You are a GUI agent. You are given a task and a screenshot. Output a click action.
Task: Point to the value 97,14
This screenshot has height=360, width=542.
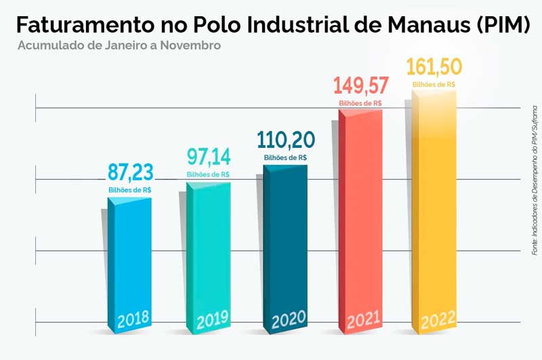[208, 157]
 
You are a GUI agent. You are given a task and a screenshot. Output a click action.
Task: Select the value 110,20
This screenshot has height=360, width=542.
[285, 140]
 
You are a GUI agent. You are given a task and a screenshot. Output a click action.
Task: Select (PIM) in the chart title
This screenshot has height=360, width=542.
[498, 25]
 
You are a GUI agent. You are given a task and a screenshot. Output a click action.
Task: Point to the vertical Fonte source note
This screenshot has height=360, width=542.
[534, 180]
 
